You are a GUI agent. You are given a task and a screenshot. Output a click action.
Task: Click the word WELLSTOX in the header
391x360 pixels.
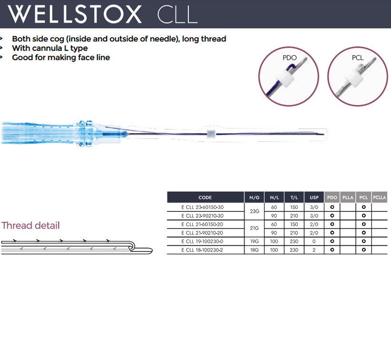[75, 14]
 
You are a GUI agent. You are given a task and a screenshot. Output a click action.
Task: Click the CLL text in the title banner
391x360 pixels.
[177, 14]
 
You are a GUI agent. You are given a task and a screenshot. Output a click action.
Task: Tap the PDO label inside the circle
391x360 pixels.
[290, 58]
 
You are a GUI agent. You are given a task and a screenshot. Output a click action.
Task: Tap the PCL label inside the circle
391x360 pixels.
[358, 58]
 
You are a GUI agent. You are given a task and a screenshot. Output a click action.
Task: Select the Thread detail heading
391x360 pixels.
[30, 225]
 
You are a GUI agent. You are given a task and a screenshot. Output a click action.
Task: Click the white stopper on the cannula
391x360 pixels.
[211, 134]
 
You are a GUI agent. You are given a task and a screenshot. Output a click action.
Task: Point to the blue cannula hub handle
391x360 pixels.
[61, 133]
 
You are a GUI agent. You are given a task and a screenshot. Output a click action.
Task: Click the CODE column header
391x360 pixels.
[205, 198]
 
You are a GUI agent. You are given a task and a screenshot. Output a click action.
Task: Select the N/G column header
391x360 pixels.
[254, 198]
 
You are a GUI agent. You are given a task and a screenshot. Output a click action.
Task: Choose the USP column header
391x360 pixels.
[314, 198]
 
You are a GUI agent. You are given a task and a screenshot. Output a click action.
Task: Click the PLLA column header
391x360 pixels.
[348, 198]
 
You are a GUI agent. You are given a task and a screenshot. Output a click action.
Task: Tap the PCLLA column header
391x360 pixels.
[379, 198]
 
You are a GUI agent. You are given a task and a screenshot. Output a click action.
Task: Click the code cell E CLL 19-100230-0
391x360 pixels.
[202, 241]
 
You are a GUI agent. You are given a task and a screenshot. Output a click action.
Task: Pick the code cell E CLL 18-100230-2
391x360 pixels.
[202, 250]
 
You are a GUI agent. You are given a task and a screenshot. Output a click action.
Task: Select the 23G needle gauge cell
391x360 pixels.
[254, 211]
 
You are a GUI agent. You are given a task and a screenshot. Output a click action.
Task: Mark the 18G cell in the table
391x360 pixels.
[254, 250]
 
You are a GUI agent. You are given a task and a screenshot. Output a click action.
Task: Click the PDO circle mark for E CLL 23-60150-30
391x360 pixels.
[332, 207]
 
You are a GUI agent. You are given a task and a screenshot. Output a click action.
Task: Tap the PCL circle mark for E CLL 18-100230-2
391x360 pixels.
[363, 250]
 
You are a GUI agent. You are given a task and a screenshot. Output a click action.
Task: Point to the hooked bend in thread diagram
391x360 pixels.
[132, 246]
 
